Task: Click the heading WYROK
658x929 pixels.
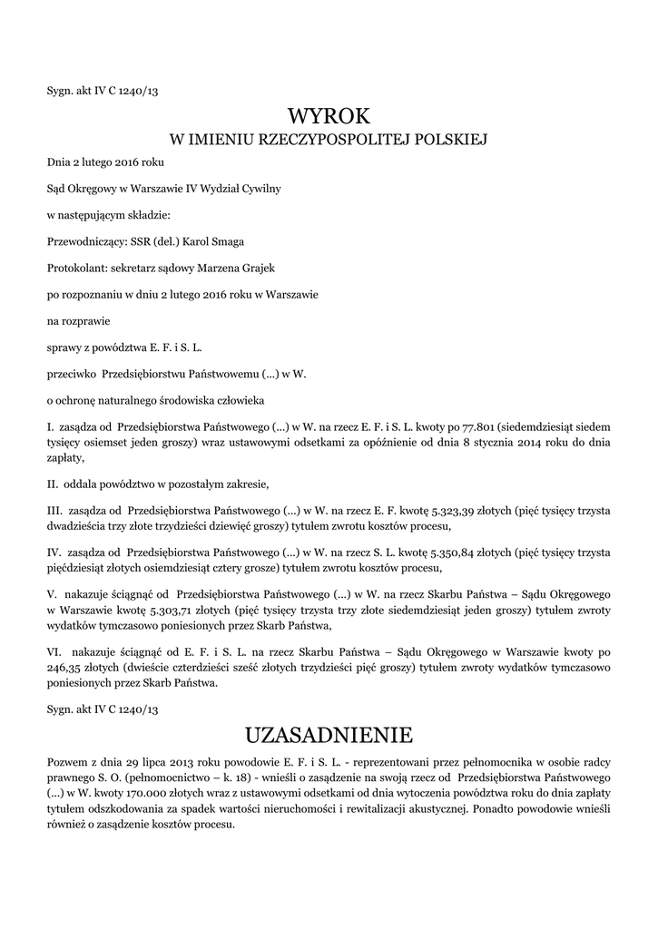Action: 329,115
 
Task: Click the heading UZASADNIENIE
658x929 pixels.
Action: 329,733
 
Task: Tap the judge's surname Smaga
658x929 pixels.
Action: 228,242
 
